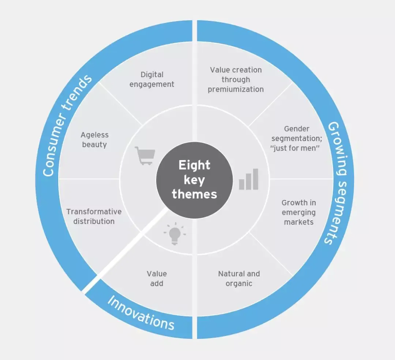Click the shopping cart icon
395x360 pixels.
click(145, 155)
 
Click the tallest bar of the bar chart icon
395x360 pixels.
click(255, 179)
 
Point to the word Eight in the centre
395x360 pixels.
click(194, 165)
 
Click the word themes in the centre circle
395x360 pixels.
click(194, 194)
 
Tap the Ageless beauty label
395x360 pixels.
click(94, 140)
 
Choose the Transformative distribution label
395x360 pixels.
click(94, 216)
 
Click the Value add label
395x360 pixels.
click(157, 278)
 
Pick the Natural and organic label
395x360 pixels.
click(239, 278)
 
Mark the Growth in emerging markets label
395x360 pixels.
click(299, 212)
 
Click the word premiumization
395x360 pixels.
click(236, 89)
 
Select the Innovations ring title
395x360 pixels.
click(140, 313)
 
